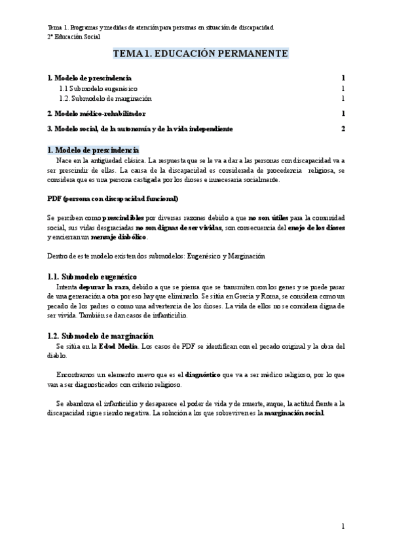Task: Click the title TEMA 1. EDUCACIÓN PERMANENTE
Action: (200, 54)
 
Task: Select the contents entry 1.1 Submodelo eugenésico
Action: (107, 88)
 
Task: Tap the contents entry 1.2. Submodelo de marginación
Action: (115, 98)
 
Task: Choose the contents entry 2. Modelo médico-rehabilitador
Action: (97, 113)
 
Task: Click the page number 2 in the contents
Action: (343, 128)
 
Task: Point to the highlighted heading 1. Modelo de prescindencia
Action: (94, 150)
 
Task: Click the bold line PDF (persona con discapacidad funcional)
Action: (113, 198)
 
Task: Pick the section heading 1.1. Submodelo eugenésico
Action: (92, 277)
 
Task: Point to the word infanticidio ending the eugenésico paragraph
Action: (169, 315)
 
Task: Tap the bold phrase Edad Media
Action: (118, 346)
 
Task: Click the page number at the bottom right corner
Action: (343, 526)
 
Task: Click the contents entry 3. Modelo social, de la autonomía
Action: (140, 128)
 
